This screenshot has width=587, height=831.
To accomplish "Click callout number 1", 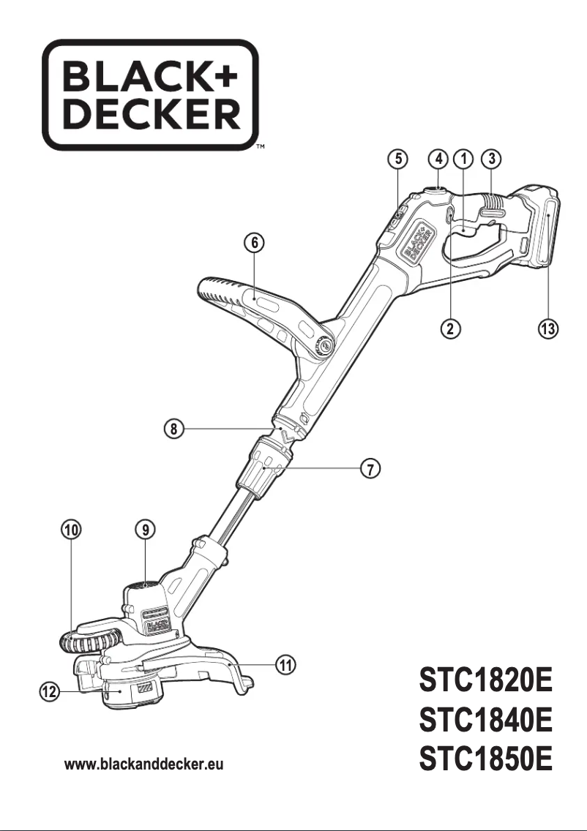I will [x=463, y=158].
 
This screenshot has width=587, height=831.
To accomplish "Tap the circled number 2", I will [x=454, y=328].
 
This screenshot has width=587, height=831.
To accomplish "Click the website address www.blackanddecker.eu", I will [x=144, y=765].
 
